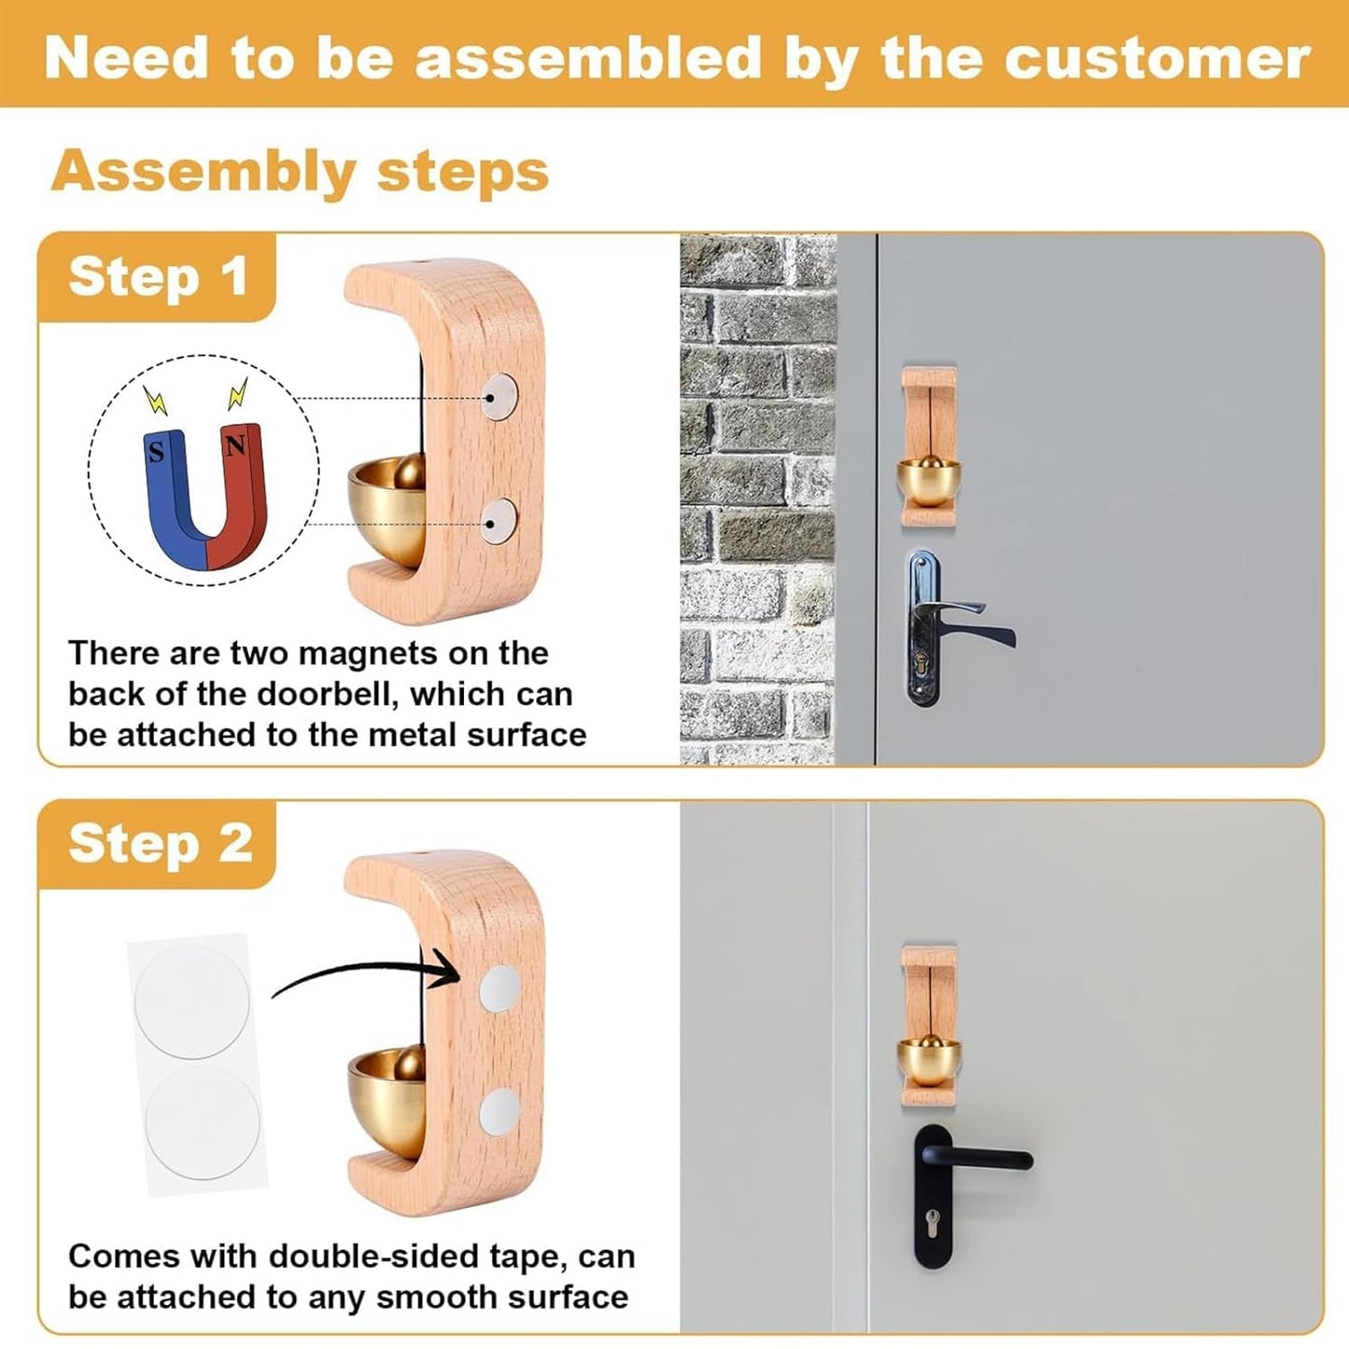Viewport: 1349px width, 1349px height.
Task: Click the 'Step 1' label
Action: pos(158,277)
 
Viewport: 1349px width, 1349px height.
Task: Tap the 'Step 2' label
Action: pos(160,844)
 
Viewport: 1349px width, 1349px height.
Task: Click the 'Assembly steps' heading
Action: pos(300,172)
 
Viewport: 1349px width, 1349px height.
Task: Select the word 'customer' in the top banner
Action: pos(1157,58)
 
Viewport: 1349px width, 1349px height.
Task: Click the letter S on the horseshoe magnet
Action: pos(157,452)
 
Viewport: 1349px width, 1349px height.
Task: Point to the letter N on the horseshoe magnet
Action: pos(235,447)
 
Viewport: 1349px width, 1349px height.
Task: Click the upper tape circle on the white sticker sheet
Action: pos(191,1000)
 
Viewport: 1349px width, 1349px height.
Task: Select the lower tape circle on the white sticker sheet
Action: pos(203,1123)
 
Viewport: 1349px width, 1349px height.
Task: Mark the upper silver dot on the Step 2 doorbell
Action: pos(499,989)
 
